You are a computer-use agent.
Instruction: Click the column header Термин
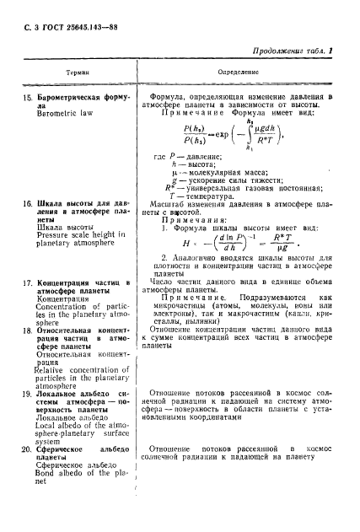pos(79,74)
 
